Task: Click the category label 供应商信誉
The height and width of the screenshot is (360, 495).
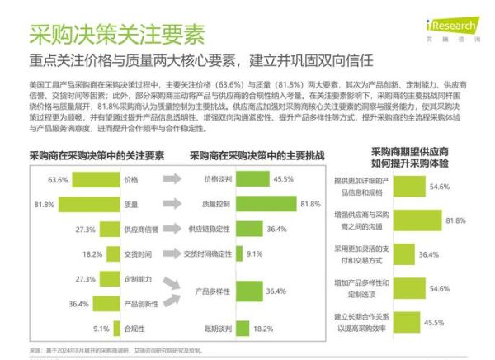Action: pos(141,229)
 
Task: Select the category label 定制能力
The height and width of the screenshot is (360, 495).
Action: pos(138,280)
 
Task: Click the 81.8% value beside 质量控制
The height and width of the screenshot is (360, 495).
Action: pos(309,203)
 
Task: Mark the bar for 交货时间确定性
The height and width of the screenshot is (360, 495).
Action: pos(238,253)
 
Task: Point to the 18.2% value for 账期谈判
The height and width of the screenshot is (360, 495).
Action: pos(262,329)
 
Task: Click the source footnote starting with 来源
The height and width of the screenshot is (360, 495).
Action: pos(115,351)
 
